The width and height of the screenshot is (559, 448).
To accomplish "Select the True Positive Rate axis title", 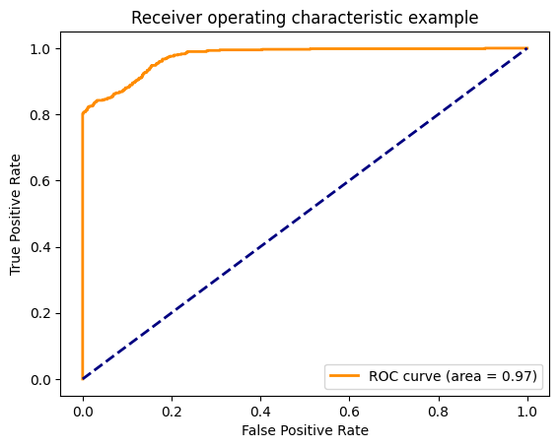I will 15,214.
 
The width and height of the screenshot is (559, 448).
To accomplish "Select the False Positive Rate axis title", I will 305,430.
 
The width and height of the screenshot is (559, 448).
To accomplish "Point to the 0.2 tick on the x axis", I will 172,407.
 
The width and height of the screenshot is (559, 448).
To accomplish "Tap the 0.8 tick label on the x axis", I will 439,407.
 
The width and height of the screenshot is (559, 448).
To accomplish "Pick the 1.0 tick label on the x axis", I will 527,407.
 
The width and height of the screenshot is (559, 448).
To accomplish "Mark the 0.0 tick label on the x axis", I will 83,407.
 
